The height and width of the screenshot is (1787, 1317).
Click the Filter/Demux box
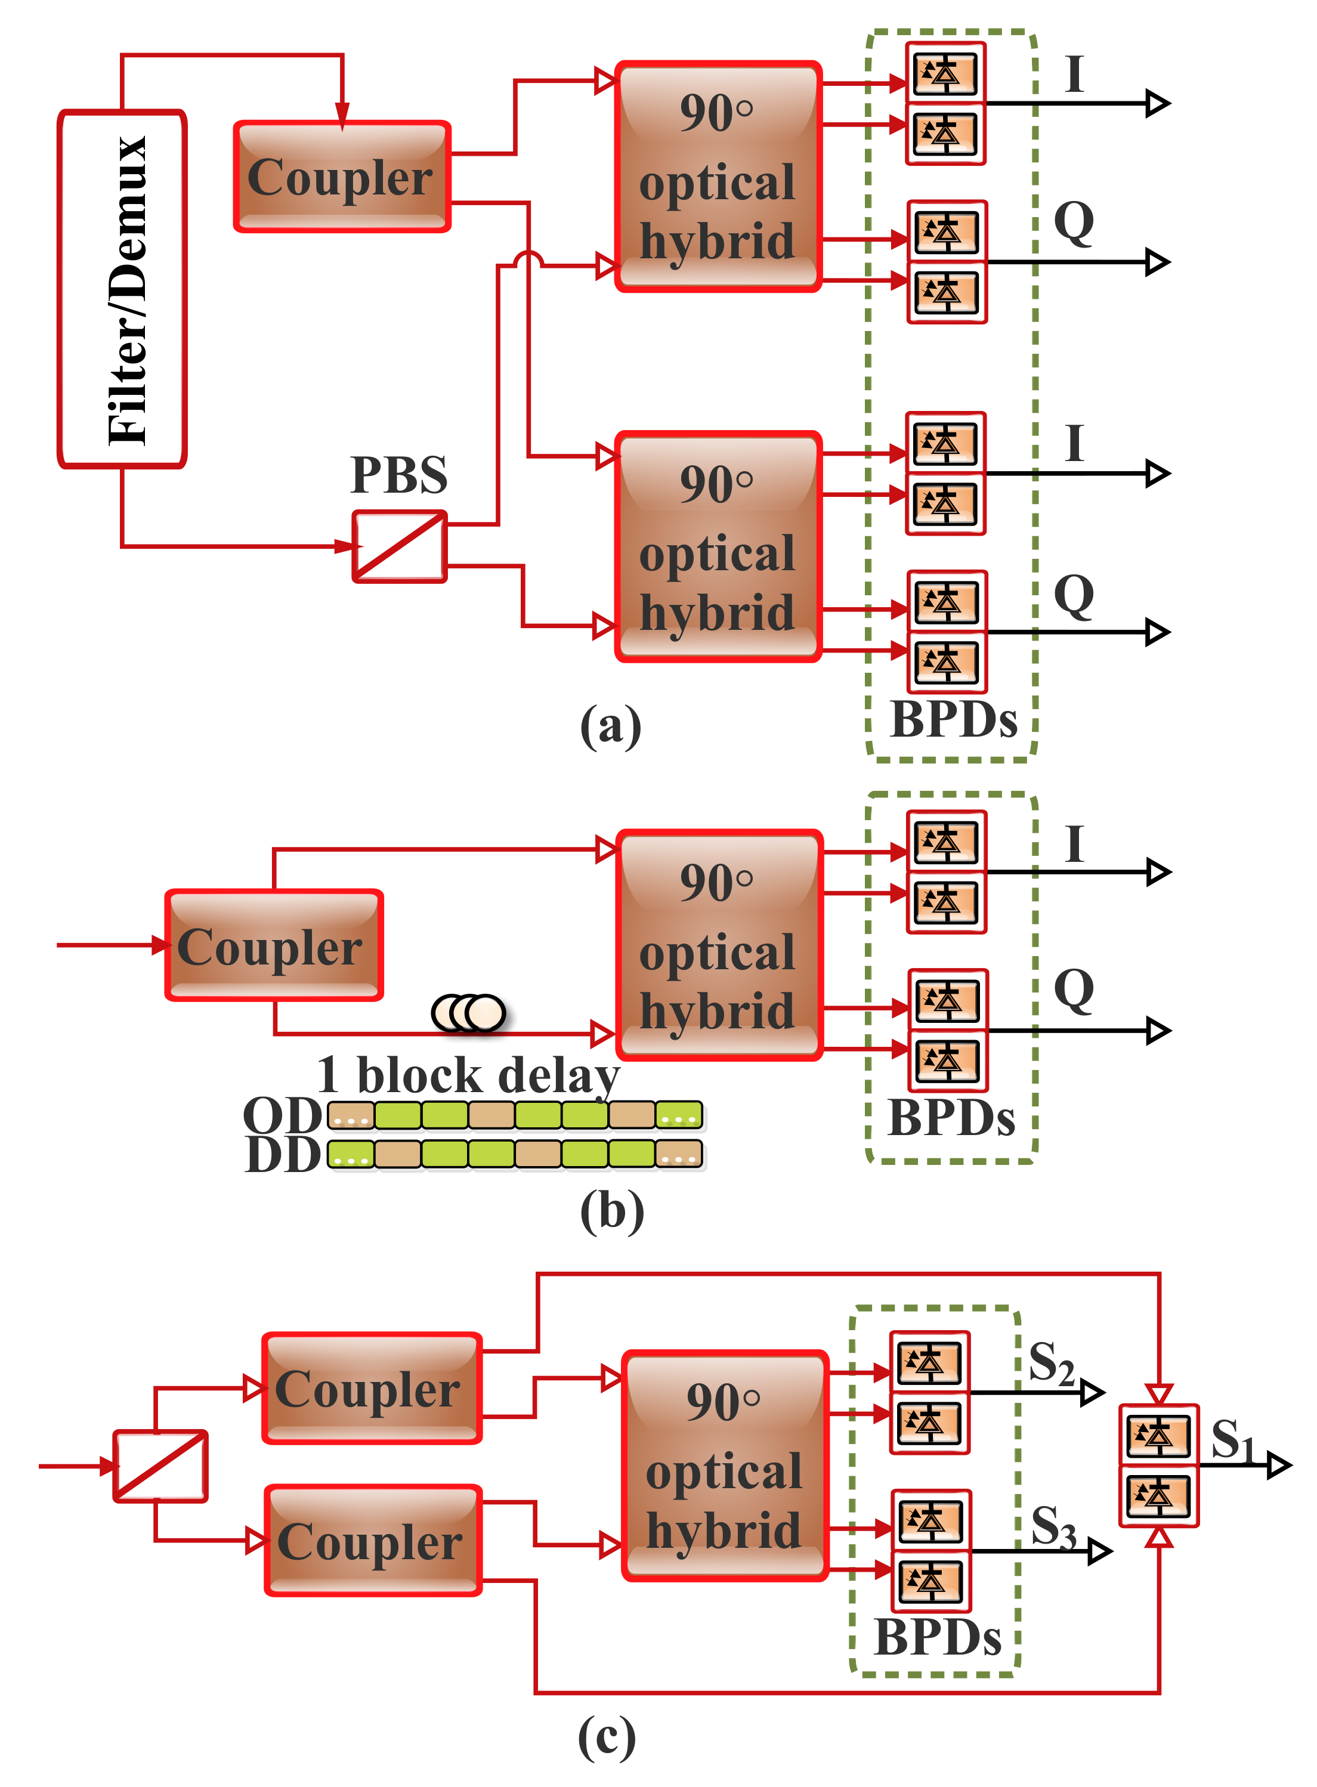tap(122, 289)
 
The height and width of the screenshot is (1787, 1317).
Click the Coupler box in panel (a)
tap(341, 177)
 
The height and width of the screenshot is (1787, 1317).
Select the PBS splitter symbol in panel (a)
tap(400, 547)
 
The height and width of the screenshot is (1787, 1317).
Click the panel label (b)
tap(611, 1211)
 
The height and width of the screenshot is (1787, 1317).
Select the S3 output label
tap(1053, 1526)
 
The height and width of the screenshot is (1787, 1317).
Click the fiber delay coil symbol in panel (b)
tap(469, 1012)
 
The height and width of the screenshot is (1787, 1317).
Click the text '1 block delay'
tap(468, 1075)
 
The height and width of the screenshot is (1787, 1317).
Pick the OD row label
tap(282, 1115)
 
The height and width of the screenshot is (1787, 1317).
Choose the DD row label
tap(282, 1155)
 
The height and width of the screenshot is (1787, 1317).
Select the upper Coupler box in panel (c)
tap(372, 1389)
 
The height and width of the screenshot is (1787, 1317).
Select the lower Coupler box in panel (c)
tap(373, 1541)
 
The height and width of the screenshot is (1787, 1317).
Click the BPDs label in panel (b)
tap(951, 1118)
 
